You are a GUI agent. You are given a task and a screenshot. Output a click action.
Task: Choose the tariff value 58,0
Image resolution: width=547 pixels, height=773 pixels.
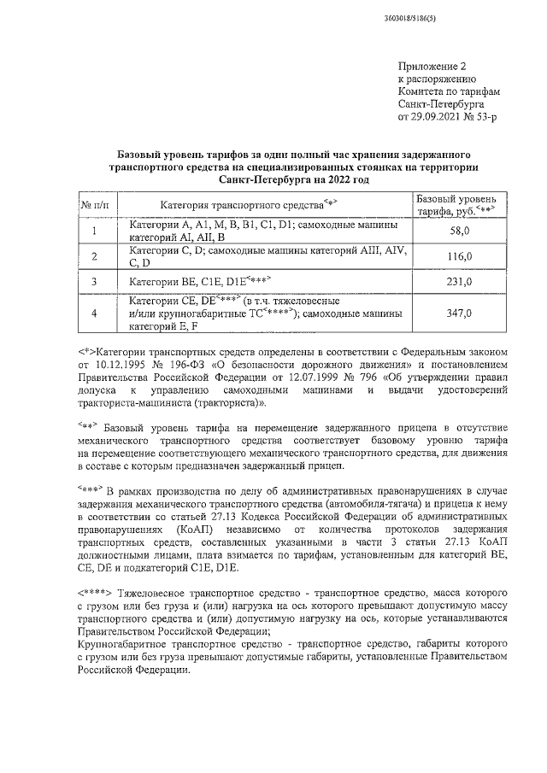point(460,231)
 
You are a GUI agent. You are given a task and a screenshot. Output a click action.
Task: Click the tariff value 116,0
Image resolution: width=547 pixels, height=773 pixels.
point(460,255)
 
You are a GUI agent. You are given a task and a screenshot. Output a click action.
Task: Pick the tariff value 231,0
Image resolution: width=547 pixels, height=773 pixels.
point(460,281)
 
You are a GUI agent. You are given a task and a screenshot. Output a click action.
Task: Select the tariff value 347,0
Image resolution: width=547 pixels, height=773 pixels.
point(460,313)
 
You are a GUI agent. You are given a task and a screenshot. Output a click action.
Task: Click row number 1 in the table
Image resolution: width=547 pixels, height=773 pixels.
point(94,231)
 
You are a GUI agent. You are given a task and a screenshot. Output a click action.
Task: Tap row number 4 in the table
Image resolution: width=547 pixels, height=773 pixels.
point(94,313)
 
